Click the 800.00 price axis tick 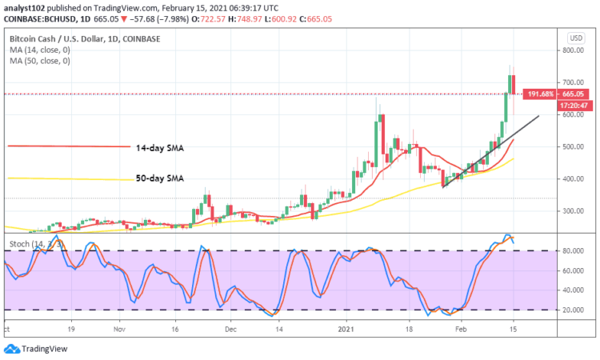[573, 50]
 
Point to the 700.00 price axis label [573, 82]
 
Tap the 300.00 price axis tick [573, 211]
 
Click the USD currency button [574, 38]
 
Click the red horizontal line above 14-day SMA [68, 146]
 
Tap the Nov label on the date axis [119, 328]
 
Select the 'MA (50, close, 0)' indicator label [41, 61]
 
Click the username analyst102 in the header [25, 6]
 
